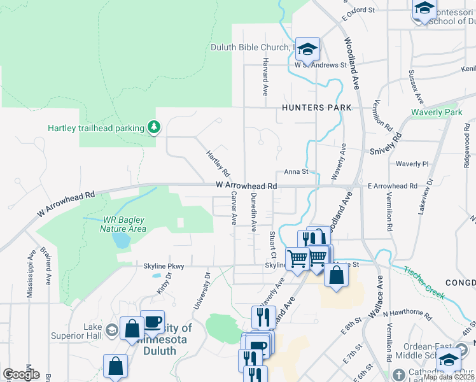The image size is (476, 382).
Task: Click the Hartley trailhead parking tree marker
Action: pos(153,128)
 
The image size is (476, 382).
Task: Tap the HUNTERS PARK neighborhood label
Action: pos(317,108)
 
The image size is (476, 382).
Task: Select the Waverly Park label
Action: pos(436,113)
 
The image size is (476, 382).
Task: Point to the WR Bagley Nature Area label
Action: pos(124,224)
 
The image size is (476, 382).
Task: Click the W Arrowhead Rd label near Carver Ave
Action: pos(246,185)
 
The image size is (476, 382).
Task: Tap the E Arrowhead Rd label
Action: pos(392,186)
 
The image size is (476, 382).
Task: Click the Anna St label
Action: pos(296,171)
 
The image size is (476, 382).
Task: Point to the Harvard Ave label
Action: pos(265,76)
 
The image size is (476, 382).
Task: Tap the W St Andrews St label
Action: pos(320,65)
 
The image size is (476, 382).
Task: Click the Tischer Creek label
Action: pos(427,281)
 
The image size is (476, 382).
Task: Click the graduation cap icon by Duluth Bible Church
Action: pos(307,49)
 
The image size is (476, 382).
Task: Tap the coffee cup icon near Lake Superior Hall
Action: pos(153,322)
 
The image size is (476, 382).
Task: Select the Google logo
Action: pos(21,374)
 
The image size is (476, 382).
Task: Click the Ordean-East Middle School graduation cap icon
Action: pos(449,360)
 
